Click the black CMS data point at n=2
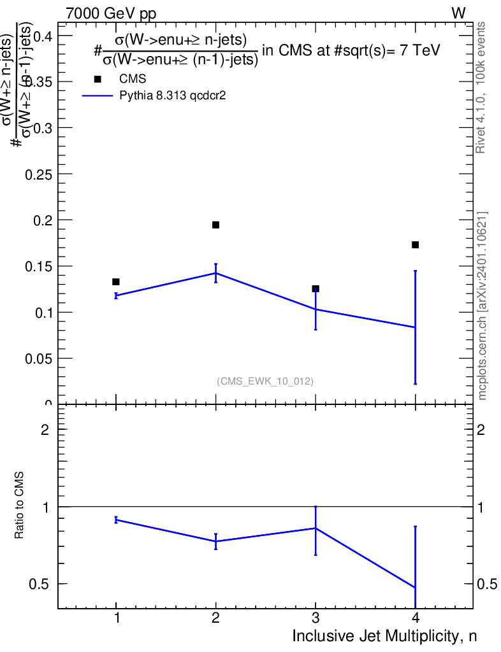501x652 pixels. tap(215, 225)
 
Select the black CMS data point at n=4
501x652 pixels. tap(415, 244)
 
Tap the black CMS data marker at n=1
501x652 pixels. tap(116, 281)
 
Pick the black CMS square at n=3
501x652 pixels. tap(316, 288)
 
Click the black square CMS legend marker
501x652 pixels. tap(98, 79)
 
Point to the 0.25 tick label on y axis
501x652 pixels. tap(38, 174)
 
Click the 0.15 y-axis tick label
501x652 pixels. tap(38, 266)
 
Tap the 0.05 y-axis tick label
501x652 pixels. tap(38, 358)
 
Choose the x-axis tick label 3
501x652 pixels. tap(316, 618)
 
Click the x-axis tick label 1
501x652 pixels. tap(116, 618)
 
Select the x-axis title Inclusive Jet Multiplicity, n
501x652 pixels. tap(384, 635)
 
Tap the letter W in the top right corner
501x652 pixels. tap(458, 13)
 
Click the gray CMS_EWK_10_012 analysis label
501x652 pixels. tap(265, 381)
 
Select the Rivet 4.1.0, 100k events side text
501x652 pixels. tap(481, 87)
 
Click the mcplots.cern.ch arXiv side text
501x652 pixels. tap(483, 306)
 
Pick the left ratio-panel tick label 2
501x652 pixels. tap(45, 430)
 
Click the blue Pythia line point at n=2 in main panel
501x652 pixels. tap(215, 273)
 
